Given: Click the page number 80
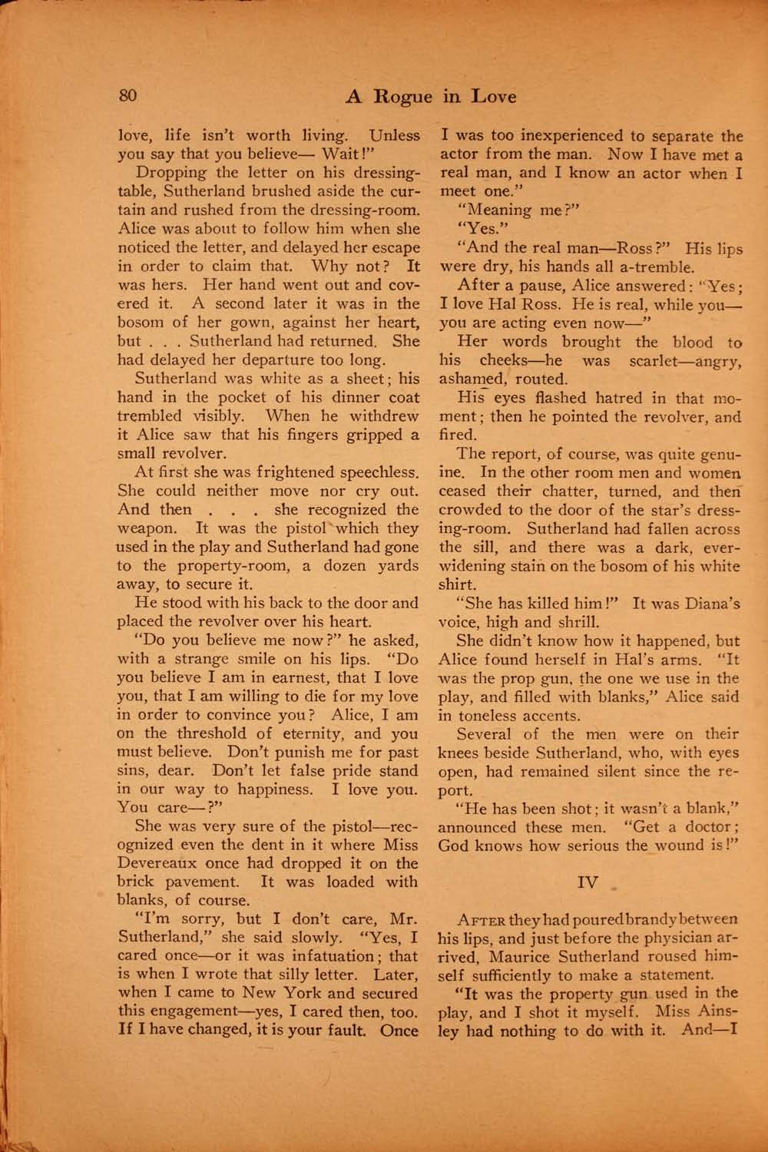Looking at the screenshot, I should [x=127, y=96].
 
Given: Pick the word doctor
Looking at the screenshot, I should [x=707, y=827].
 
